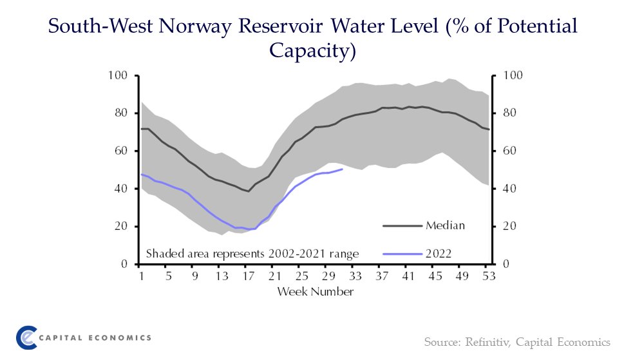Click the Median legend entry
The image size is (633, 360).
445,225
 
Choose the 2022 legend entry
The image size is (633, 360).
438,253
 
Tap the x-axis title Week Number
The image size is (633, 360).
316,292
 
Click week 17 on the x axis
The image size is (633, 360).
248,277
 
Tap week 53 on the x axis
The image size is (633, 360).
489,277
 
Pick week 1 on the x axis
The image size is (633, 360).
141,277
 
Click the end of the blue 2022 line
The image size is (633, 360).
343,169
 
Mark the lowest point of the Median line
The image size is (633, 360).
249,191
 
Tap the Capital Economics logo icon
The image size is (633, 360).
26,337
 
